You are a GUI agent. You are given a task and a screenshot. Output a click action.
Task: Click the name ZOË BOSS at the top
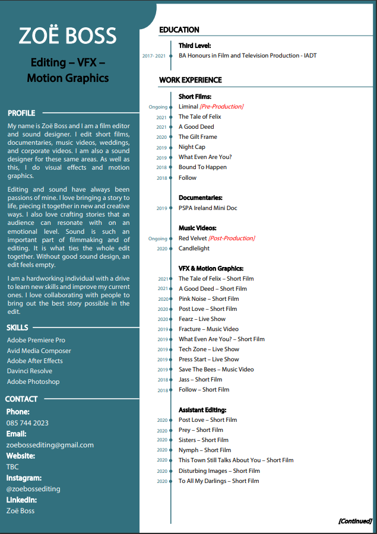click(x=68, y=36)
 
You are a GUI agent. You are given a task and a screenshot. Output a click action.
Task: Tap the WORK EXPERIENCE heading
click(x=191, y=80)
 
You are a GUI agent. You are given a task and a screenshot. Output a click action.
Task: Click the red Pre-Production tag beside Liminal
click(x=221, y=107)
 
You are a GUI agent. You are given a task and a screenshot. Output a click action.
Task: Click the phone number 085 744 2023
click(x=27, y=423)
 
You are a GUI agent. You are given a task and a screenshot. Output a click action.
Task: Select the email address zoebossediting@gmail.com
click(x=50, y=445)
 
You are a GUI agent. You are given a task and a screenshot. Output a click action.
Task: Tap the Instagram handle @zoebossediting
click(x=33, y=489)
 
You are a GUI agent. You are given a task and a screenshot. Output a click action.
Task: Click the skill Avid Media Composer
click(x=39, y=351)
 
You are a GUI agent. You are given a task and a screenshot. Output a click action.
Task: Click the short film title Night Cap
click(x=192, y=147)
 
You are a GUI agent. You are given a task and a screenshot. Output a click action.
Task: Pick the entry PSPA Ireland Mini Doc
click(x=208, y=208)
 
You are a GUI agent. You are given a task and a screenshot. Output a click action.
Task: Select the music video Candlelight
click(x=194, y=249)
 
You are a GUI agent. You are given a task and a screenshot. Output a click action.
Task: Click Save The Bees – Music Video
click(x=216, y=370)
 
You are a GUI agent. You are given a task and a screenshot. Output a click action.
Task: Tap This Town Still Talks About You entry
click(x=236, y=460)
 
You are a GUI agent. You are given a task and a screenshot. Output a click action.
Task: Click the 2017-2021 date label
click(x=154, y=56)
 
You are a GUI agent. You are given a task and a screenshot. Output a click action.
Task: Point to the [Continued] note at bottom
click(x=355, y=521)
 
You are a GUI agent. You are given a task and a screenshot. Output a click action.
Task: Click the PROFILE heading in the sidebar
click(x=21, y=113)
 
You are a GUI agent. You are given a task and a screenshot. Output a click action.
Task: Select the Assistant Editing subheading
click(x=202, y=410)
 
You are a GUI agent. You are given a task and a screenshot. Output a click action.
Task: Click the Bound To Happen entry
click(x=202, y=167)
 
